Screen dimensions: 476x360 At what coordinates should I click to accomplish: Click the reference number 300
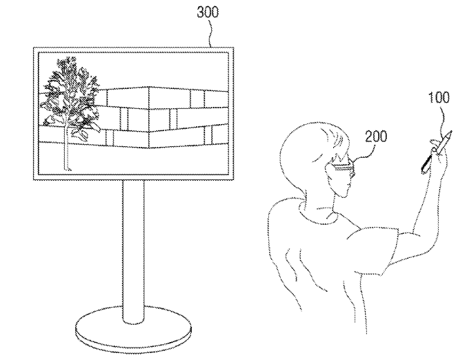click(x=208, y=12)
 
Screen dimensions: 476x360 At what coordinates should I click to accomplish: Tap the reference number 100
click(x=439, y=98)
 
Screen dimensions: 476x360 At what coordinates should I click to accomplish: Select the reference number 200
click(x=376, y=137)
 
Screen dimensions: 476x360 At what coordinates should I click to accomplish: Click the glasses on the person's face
click(x=343, y=169)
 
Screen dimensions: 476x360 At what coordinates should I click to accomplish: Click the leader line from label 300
click(x=210, y=33)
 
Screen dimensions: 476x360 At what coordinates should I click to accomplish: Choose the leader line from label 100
click(x=442, y=119)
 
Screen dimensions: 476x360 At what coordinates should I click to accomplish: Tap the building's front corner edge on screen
click(x=149, y=118)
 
